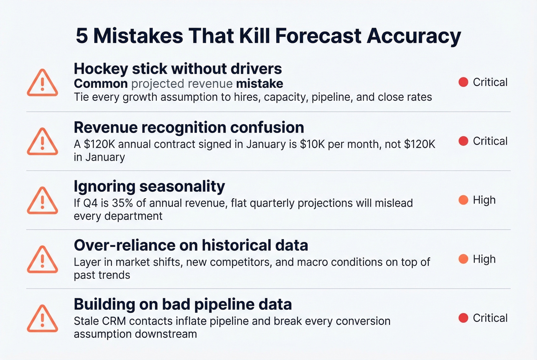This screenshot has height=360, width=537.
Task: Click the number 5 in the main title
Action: tap(82, 36)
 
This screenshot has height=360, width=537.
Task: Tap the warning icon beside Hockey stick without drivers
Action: tap(43, 83)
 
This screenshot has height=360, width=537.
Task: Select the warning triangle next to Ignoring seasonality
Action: tap(43, 201)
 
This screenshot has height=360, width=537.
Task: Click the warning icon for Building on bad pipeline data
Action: tap(43, 319)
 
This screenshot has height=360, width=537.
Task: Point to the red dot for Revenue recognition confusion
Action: tap(463, 141)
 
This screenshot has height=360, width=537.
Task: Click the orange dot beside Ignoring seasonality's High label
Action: tap(463, 200)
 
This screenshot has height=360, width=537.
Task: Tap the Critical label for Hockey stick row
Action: tap(490, 82)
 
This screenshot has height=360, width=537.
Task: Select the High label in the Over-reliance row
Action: tap(484, 259)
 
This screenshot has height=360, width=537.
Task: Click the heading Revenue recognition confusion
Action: tap(189, 128)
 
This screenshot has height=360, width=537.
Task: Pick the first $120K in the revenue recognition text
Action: tap(99, 144)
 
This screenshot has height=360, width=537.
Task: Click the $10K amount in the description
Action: tap(312, 144)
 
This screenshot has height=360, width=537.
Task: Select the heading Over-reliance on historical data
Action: tap(191, 245)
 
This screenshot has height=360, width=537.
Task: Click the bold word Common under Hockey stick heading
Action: tap(100, 84)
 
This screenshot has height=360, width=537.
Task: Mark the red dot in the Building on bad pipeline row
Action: tap(463, 318)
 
